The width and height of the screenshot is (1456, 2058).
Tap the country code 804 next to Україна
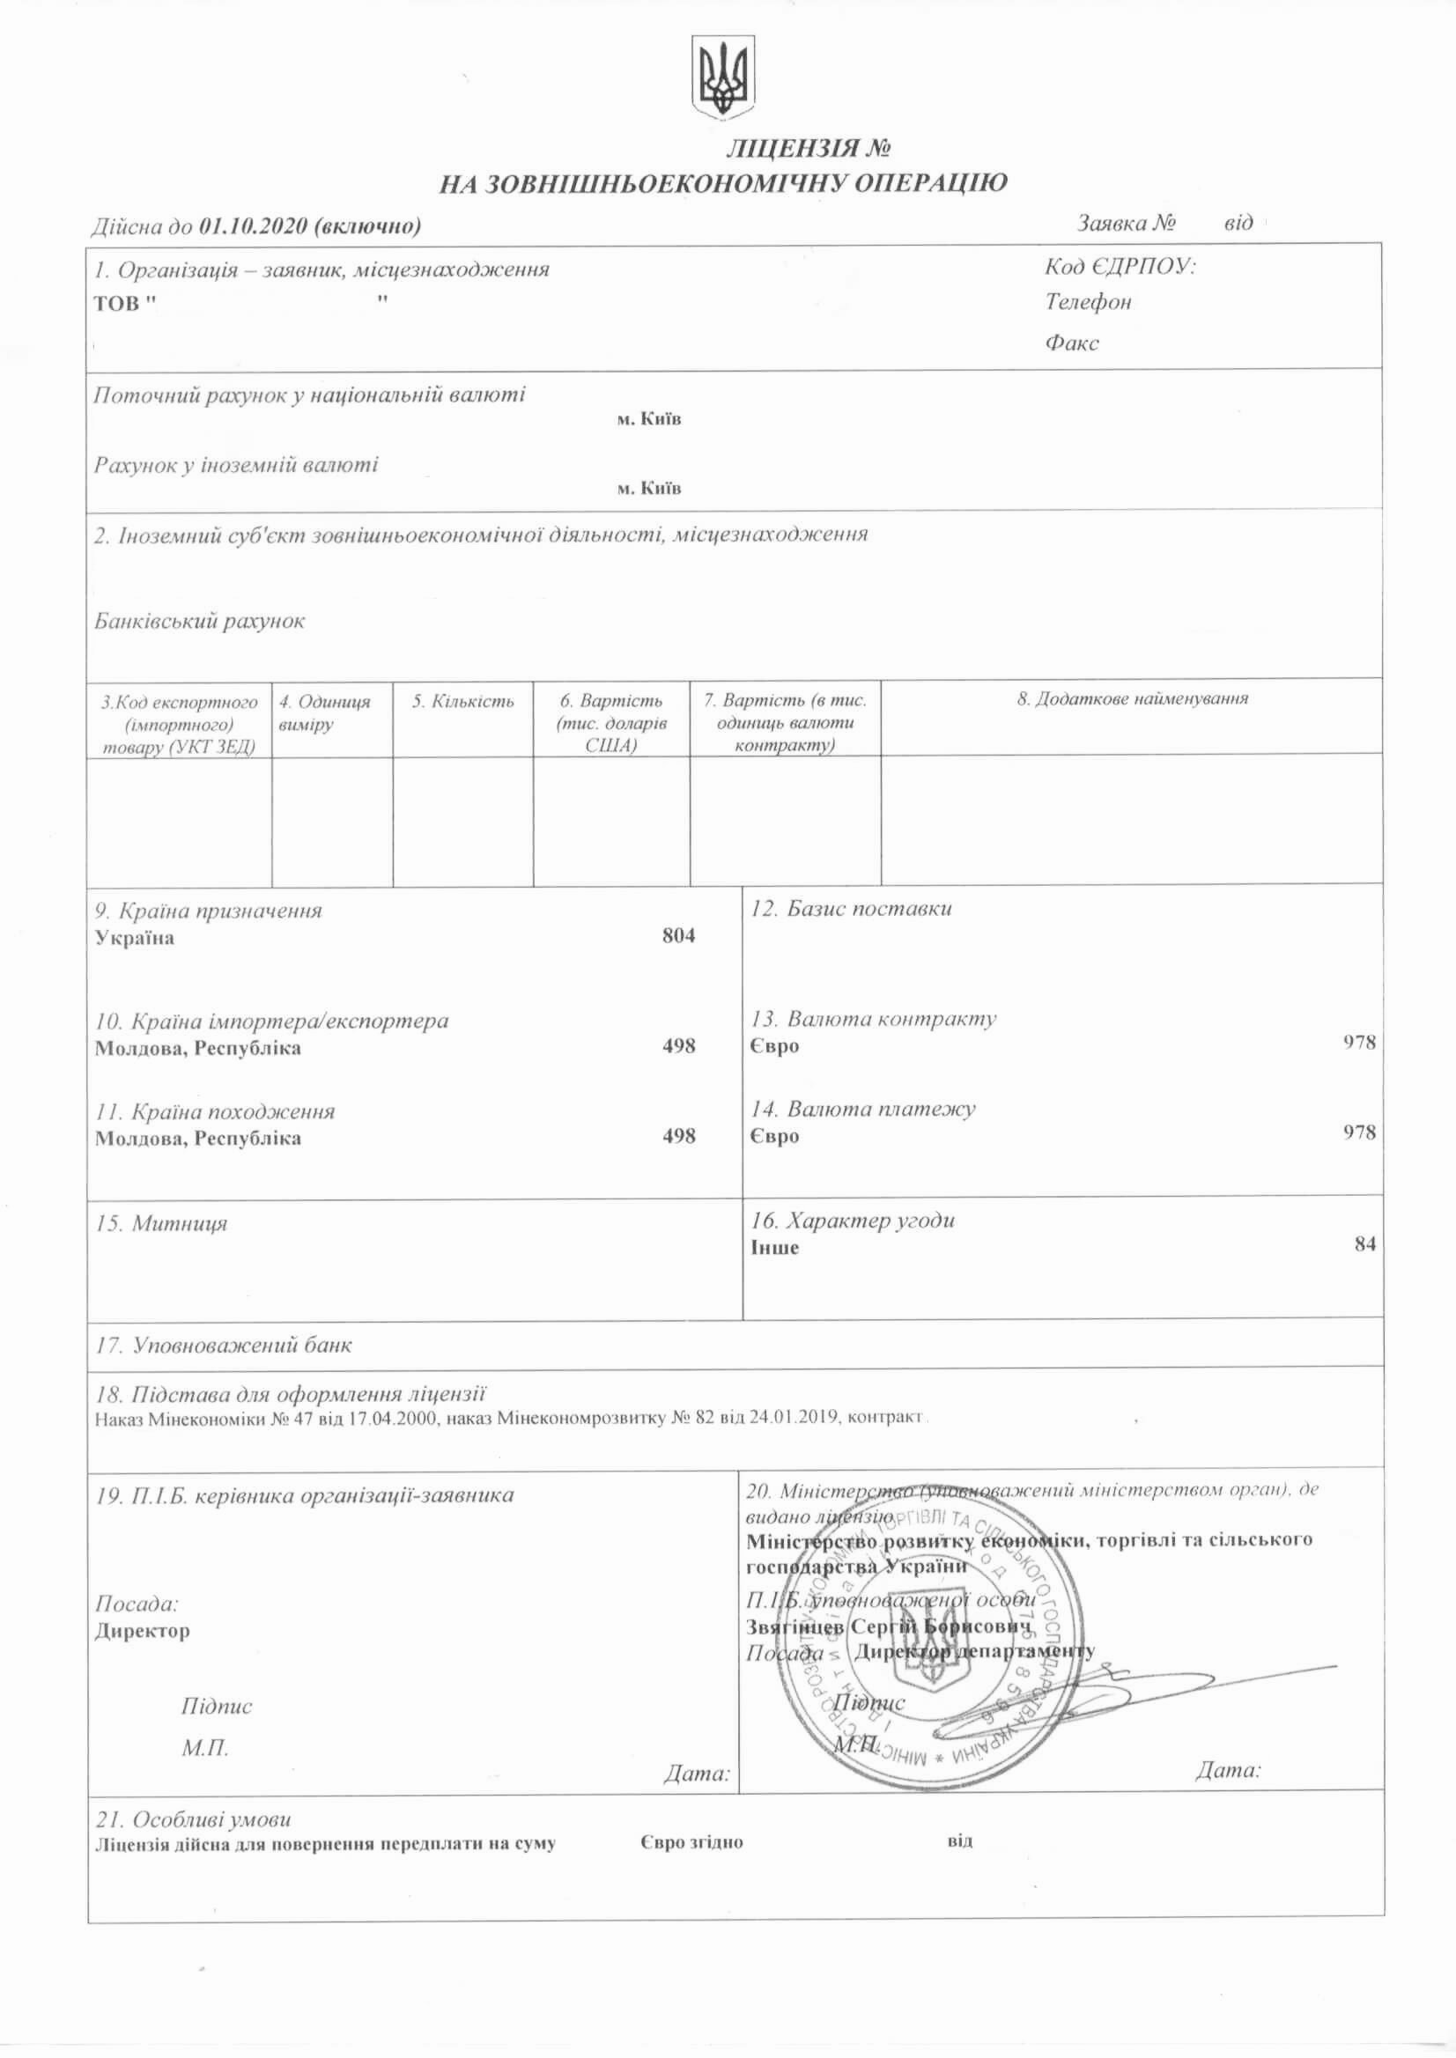pyautogui.click(x=679, y=936)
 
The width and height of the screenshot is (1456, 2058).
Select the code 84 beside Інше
pyautogui.click(x=1364, y=1244)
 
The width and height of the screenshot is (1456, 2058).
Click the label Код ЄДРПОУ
pyautogui.click(x=1120, y=267)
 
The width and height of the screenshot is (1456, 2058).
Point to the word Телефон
pyautogui.click(x=1089, y=302)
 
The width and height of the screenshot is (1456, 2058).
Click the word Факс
pyautogui.click(x=1071, y=343)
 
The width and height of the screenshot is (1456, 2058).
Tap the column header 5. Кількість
pyautogui.click(x=462, y=702)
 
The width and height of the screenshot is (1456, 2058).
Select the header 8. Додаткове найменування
pyautogui.click(x=1133, y=699)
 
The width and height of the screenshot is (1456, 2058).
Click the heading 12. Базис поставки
pyautogui.click(x=851, y=909)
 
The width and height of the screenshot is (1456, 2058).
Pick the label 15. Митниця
pyautogui.click(x=161, y=1223)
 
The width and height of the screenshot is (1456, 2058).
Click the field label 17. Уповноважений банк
pyautogui.click(x=224, y=1346)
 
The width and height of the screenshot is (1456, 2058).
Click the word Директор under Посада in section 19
pyautogui.click(x=143, y=1630)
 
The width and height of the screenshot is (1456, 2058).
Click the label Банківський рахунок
pyautogui.click(x=200, y=621)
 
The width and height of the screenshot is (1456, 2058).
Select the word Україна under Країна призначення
pyautogui.click(x=135, y=939)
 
